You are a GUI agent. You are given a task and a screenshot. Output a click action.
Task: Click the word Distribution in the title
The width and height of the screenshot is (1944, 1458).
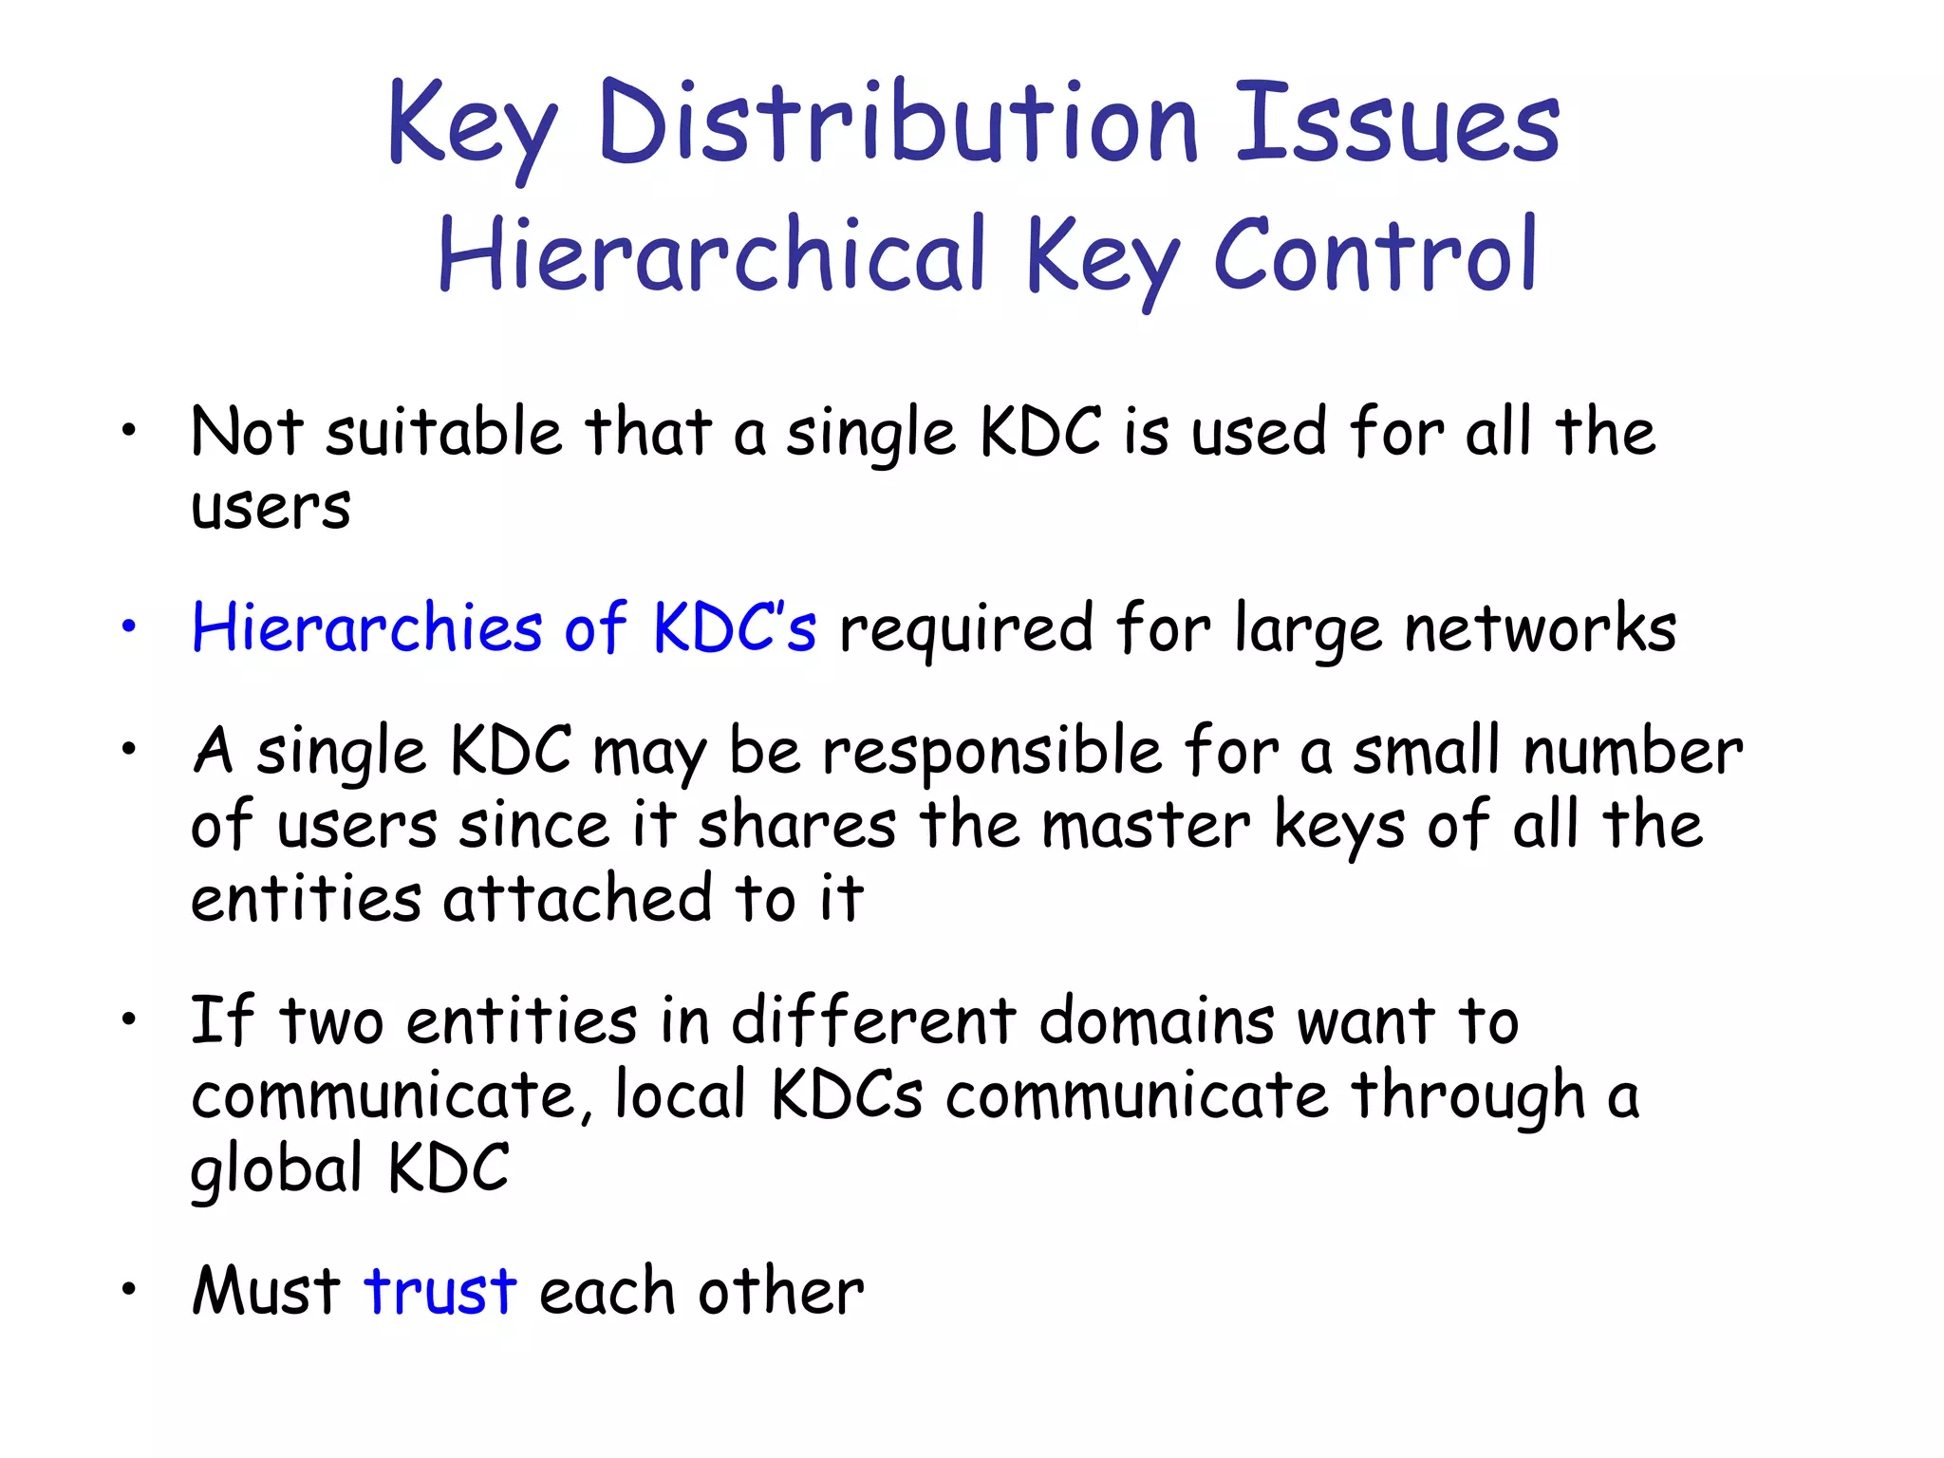(898, 123)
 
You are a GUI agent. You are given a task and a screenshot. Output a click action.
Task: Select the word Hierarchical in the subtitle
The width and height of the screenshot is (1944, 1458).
(712, 254)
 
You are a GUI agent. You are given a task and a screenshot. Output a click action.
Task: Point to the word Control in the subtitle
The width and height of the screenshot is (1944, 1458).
(1375, 254)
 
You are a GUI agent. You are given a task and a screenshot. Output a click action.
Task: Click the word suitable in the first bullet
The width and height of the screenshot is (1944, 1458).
(444, 433)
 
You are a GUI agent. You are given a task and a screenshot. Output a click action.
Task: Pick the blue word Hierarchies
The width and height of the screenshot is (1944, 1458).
(367, 628)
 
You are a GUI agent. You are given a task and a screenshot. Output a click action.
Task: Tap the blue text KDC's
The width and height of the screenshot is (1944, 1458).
(734, 628)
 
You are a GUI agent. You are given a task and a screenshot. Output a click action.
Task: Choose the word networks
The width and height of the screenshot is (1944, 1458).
(1540, 628)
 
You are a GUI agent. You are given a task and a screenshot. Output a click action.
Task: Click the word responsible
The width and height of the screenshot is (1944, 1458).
(992, 752)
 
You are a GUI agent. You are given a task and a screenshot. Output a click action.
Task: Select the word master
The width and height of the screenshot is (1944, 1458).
(1147, 825)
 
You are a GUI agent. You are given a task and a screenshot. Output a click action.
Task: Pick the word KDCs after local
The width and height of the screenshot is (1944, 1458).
(847, 1095)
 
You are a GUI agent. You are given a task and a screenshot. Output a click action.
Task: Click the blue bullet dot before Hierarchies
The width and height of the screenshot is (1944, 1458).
(129, 626)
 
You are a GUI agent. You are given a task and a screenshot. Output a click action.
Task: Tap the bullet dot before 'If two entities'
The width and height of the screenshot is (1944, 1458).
(129, 1020)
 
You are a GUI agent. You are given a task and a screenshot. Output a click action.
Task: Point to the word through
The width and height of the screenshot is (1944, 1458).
(1467, 1095)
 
